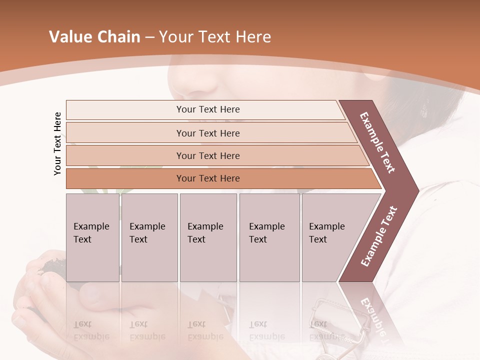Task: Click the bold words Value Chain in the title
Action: (94, 37)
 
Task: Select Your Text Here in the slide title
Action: (215, 37)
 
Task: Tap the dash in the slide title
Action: (149, 37)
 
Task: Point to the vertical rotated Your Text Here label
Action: (57, 143)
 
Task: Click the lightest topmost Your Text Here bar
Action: (208, 109)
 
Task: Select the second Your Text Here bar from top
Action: (208, 133)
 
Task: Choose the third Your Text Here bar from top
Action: (208, 155)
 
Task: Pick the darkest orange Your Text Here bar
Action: (208, 178)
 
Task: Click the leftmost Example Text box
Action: (92, 237)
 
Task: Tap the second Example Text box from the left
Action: (149, 237)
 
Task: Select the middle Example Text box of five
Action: (208, 237)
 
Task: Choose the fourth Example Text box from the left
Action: (269, 237)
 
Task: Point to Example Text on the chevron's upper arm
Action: (377, 142)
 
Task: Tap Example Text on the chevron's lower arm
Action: (379, 236)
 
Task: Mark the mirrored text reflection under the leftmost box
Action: (91, 331)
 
